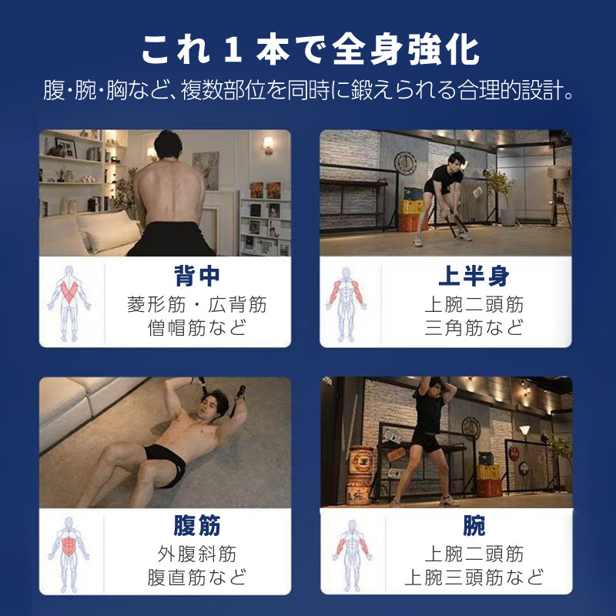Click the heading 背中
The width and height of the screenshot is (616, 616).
click(x=197, y=276)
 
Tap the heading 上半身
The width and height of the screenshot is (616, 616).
click(x=474, y=276)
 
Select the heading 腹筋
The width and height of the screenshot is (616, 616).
click(x=197, y=525)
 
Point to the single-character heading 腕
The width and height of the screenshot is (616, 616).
click(x=474, y=525)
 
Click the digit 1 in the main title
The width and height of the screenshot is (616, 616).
click(x=233, y=51)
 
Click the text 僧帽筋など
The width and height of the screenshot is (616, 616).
click(x=197, y=327)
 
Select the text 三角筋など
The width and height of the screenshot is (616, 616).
click(x=474, y=327)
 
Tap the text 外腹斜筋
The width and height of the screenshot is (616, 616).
click(x=197, y=554)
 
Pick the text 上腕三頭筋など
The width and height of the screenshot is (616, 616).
click(x=474, y=577)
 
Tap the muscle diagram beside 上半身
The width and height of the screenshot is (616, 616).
click(x=346, y=304)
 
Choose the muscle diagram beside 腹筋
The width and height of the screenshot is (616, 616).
click(x=69, y=554)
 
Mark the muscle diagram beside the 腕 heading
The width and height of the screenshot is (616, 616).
click(x=352, y=555)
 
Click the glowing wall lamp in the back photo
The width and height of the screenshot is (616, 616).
click(x=268, y=146)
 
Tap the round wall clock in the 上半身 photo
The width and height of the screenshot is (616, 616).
click(x=406, y=163)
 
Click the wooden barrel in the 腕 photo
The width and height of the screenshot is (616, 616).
click(x=360, y=475)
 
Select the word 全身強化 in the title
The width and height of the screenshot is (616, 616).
click(x=406, y=51)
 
